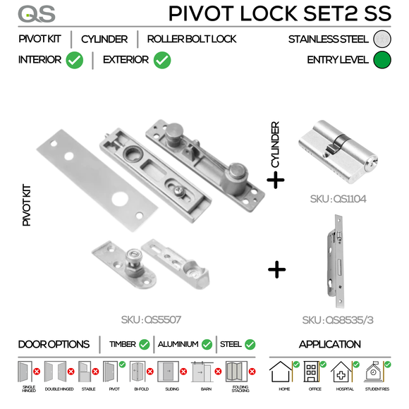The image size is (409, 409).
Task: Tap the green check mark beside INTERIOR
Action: point(74,61)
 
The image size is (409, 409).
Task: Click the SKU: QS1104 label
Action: point(338,200)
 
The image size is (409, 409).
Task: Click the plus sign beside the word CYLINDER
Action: point(275,181)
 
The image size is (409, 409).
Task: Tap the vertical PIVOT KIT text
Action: point(28,204)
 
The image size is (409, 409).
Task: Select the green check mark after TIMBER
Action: point(145,345)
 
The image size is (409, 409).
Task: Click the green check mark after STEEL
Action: point(250,345)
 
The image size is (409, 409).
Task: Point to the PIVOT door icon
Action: point(110,372)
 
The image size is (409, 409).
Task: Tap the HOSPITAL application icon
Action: point(342,372)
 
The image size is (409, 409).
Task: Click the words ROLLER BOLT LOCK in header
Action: point(192,39)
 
